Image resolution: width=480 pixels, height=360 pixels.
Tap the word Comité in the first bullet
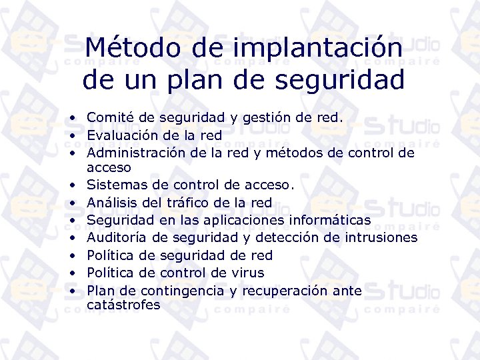click(109, 118)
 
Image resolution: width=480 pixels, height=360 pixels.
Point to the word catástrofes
click(123, 305)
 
